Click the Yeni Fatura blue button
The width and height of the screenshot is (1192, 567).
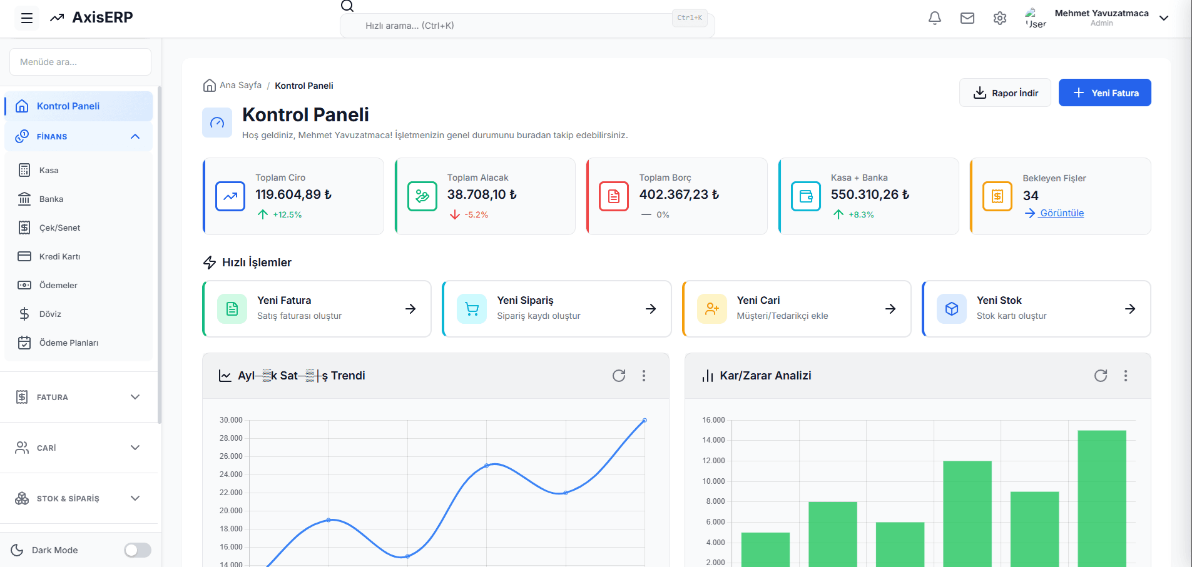(1104, 93)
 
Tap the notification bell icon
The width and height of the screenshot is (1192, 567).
(934, 18)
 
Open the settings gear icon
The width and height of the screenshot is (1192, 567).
(999, 18)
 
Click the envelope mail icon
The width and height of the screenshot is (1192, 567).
(967, 18)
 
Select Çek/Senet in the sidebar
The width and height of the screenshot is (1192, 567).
(59, 228)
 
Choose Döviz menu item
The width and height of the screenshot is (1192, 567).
(50, 314)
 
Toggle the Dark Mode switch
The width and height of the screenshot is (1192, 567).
(137, 550)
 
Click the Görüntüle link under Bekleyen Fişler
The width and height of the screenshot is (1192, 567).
(1061, 213)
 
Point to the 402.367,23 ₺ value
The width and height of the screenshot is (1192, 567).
(678, 194)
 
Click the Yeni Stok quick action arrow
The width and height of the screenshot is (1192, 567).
(1129, 309)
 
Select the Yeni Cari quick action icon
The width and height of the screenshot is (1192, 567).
(711, 309)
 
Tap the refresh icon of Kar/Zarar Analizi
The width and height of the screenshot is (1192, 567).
(1100, 376)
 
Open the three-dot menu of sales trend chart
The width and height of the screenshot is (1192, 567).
(643, 376)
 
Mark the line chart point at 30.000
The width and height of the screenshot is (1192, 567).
(644, 420)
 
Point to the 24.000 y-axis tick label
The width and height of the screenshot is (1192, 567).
(231, 474)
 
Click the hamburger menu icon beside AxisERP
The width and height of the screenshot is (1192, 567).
(27, 18)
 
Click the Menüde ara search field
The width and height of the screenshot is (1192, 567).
(80, 62)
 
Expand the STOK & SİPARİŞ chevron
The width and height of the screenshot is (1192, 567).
(135, 498)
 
